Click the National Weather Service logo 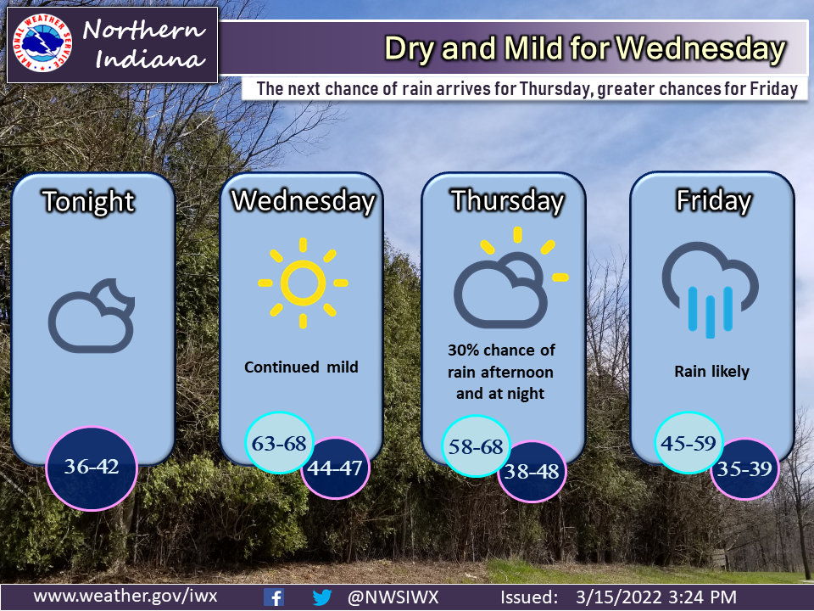42,45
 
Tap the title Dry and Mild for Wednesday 584,48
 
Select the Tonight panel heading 89,202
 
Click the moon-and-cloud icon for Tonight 92,316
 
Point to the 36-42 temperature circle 91,467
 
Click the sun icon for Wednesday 303,283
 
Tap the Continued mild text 301,367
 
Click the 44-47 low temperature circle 336,468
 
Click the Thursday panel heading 506,201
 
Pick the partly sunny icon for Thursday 506,280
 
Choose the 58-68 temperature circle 476,446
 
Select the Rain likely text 712,372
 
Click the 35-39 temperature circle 745,468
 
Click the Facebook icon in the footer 274,597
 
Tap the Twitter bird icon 321,597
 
